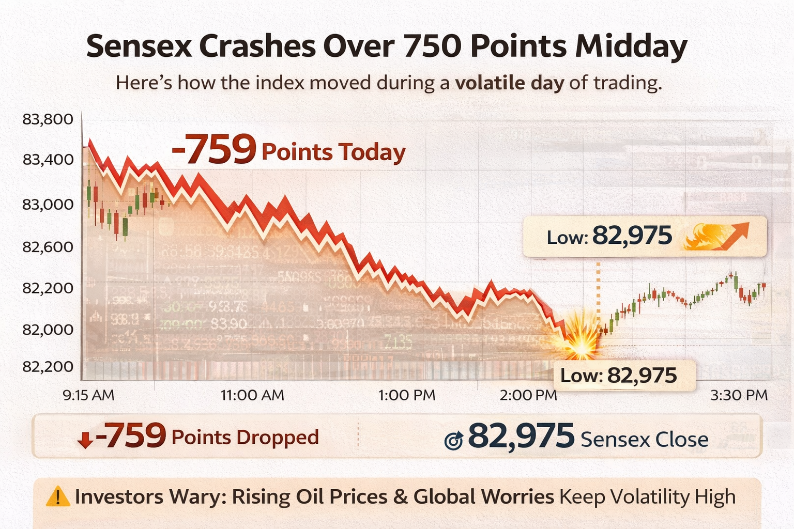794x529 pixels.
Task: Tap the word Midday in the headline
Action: tap(631, 46)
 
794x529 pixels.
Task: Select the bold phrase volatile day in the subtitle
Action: tap(509, 83)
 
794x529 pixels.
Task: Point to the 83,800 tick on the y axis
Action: tap(48, 119)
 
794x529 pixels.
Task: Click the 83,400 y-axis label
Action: tap(48, 160)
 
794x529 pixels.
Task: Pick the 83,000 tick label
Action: tap(48, 205)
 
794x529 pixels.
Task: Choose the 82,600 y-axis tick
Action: tap(48, 247)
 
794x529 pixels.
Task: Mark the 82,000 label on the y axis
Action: tap(48, 329)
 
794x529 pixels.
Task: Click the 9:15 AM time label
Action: tap(88, 395)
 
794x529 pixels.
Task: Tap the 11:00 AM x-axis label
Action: tap(252, 395)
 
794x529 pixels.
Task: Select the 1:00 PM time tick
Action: tap(407, 395)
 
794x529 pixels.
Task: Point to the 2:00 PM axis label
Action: tap(528, 395)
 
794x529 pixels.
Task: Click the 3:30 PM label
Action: tap(739, 395)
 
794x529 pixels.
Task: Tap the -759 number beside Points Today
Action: tap(214, 150)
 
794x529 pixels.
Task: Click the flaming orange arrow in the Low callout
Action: tap(716, 237)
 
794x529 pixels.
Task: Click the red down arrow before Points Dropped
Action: tap(85, 440)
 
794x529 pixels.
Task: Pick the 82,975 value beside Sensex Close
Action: tap(521, 437)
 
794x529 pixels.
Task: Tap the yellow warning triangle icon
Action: tap(58, 497)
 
